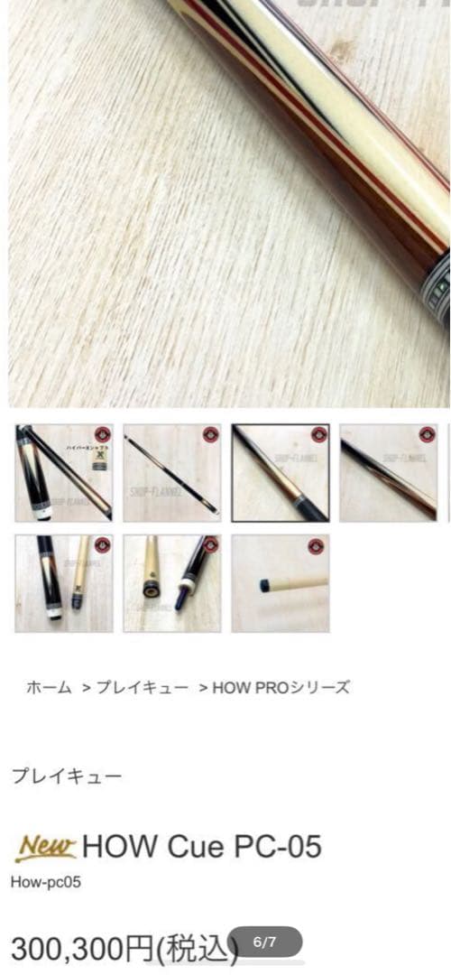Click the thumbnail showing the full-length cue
(171, 473)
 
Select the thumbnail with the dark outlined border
(280, 473)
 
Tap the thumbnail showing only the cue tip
(280, 583)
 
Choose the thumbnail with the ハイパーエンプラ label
(63, 473)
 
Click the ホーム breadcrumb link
(49, 687)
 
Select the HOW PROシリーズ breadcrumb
(281, 687)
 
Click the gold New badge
(45, 847)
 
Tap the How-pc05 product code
(45, 882)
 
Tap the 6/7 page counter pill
(264, 942)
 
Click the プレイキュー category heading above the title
(66, 775)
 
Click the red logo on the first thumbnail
(101, 434)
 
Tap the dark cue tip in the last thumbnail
(264, 585)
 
